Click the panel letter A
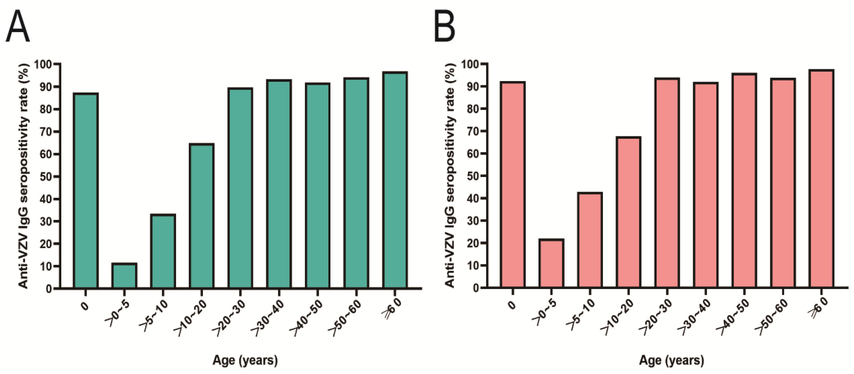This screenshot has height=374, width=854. tap(18, 26)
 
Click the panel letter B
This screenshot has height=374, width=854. tap(445, 26)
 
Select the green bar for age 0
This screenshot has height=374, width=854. tap(86, 191)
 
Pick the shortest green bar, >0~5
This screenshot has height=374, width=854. tap(124, 275)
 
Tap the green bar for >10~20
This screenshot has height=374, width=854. tap(202, 216)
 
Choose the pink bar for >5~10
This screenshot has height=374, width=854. tap(590, 240)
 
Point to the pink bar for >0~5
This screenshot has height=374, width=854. tap(551, 263)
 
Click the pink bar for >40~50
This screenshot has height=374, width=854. tap(744, 181)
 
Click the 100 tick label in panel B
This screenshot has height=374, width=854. tap(470, 64)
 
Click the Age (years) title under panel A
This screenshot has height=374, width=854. tap(245, 360)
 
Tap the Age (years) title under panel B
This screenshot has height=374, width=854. tap(672, 360)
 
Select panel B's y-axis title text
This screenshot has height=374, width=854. tap(450, 176)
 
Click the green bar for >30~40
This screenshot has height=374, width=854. tap(279, 184)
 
